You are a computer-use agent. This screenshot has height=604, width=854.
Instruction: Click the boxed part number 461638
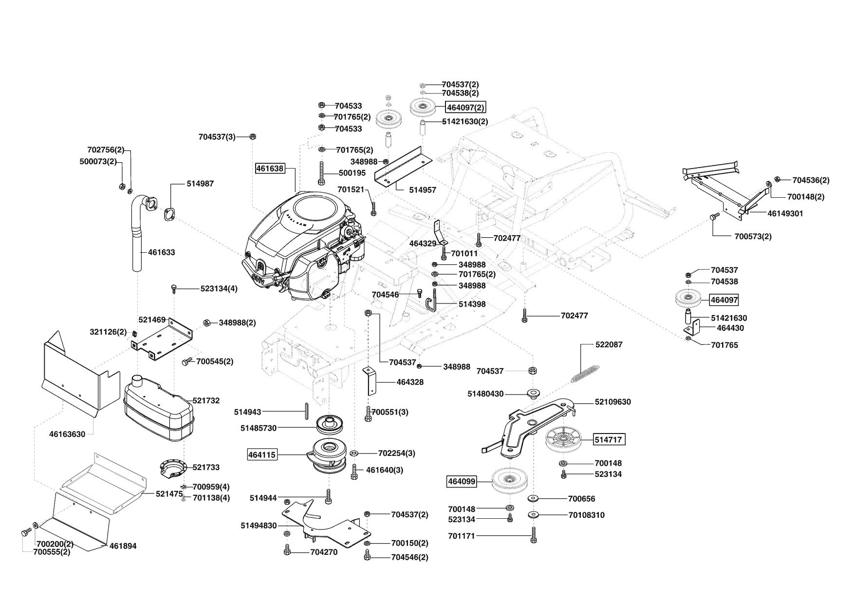(x=269, y=169)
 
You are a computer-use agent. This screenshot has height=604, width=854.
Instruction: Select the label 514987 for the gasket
(x=200, y=184)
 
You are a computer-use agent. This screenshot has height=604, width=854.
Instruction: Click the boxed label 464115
(x=262, y=455)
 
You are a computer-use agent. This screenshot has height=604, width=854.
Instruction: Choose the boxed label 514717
(x=608, y=440)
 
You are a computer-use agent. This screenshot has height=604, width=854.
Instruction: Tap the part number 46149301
(x=785, y=213)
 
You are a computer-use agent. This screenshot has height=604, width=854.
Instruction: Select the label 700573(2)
(x=753, y=237)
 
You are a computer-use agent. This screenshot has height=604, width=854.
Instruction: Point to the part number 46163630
(x=67, y=434)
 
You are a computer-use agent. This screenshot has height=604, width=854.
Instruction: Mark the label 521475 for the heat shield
(x=168, y=493)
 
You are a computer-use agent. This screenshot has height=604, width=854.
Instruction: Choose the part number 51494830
(x=259, y=526)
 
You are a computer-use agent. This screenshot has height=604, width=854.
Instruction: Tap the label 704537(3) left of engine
(x=217, y=137)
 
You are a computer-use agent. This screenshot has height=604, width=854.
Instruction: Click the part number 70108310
(x=586, y=515)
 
